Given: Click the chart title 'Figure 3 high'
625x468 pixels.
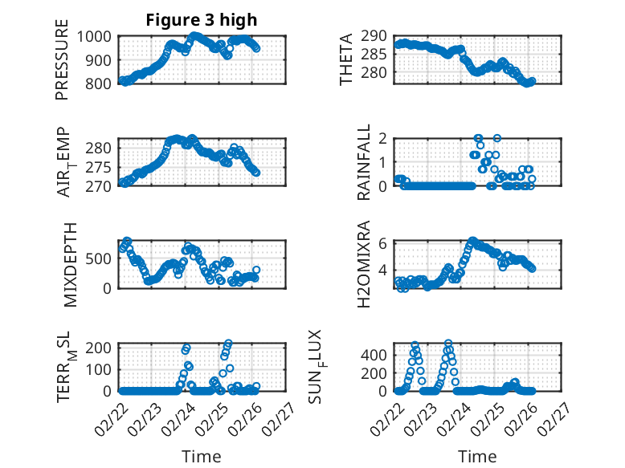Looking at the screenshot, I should coord(202,20).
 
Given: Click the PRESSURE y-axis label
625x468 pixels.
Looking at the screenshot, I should coord(62,59).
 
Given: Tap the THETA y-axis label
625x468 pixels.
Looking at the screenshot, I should coord(346,59).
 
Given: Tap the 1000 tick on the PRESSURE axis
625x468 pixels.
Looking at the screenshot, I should coord(100,36).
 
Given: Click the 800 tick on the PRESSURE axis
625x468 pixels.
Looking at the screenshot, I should coord(104,82).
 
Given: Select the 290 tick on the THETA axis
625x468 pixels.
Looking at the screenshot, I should coord(379,36).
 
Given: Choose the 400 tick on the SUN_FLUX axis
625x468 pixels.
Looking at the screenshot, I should coord(379,355).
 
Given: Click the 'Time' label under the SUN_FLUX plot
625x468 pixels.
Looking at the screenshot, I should coord(477,457).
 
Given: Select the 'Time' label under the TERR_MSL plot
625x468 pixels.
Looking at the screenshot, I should coord(202,457).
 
